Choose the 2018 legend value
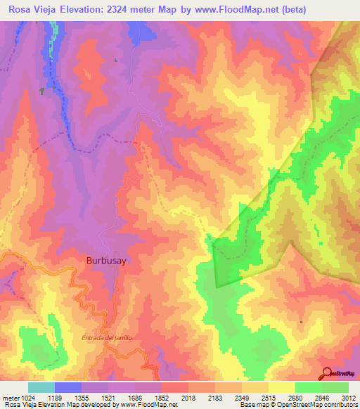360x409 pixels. tap(188, 397)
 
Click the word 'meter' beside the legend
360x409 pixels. tap(10, 397)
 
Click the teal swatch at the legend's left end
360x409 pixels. tap(41, 387)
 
